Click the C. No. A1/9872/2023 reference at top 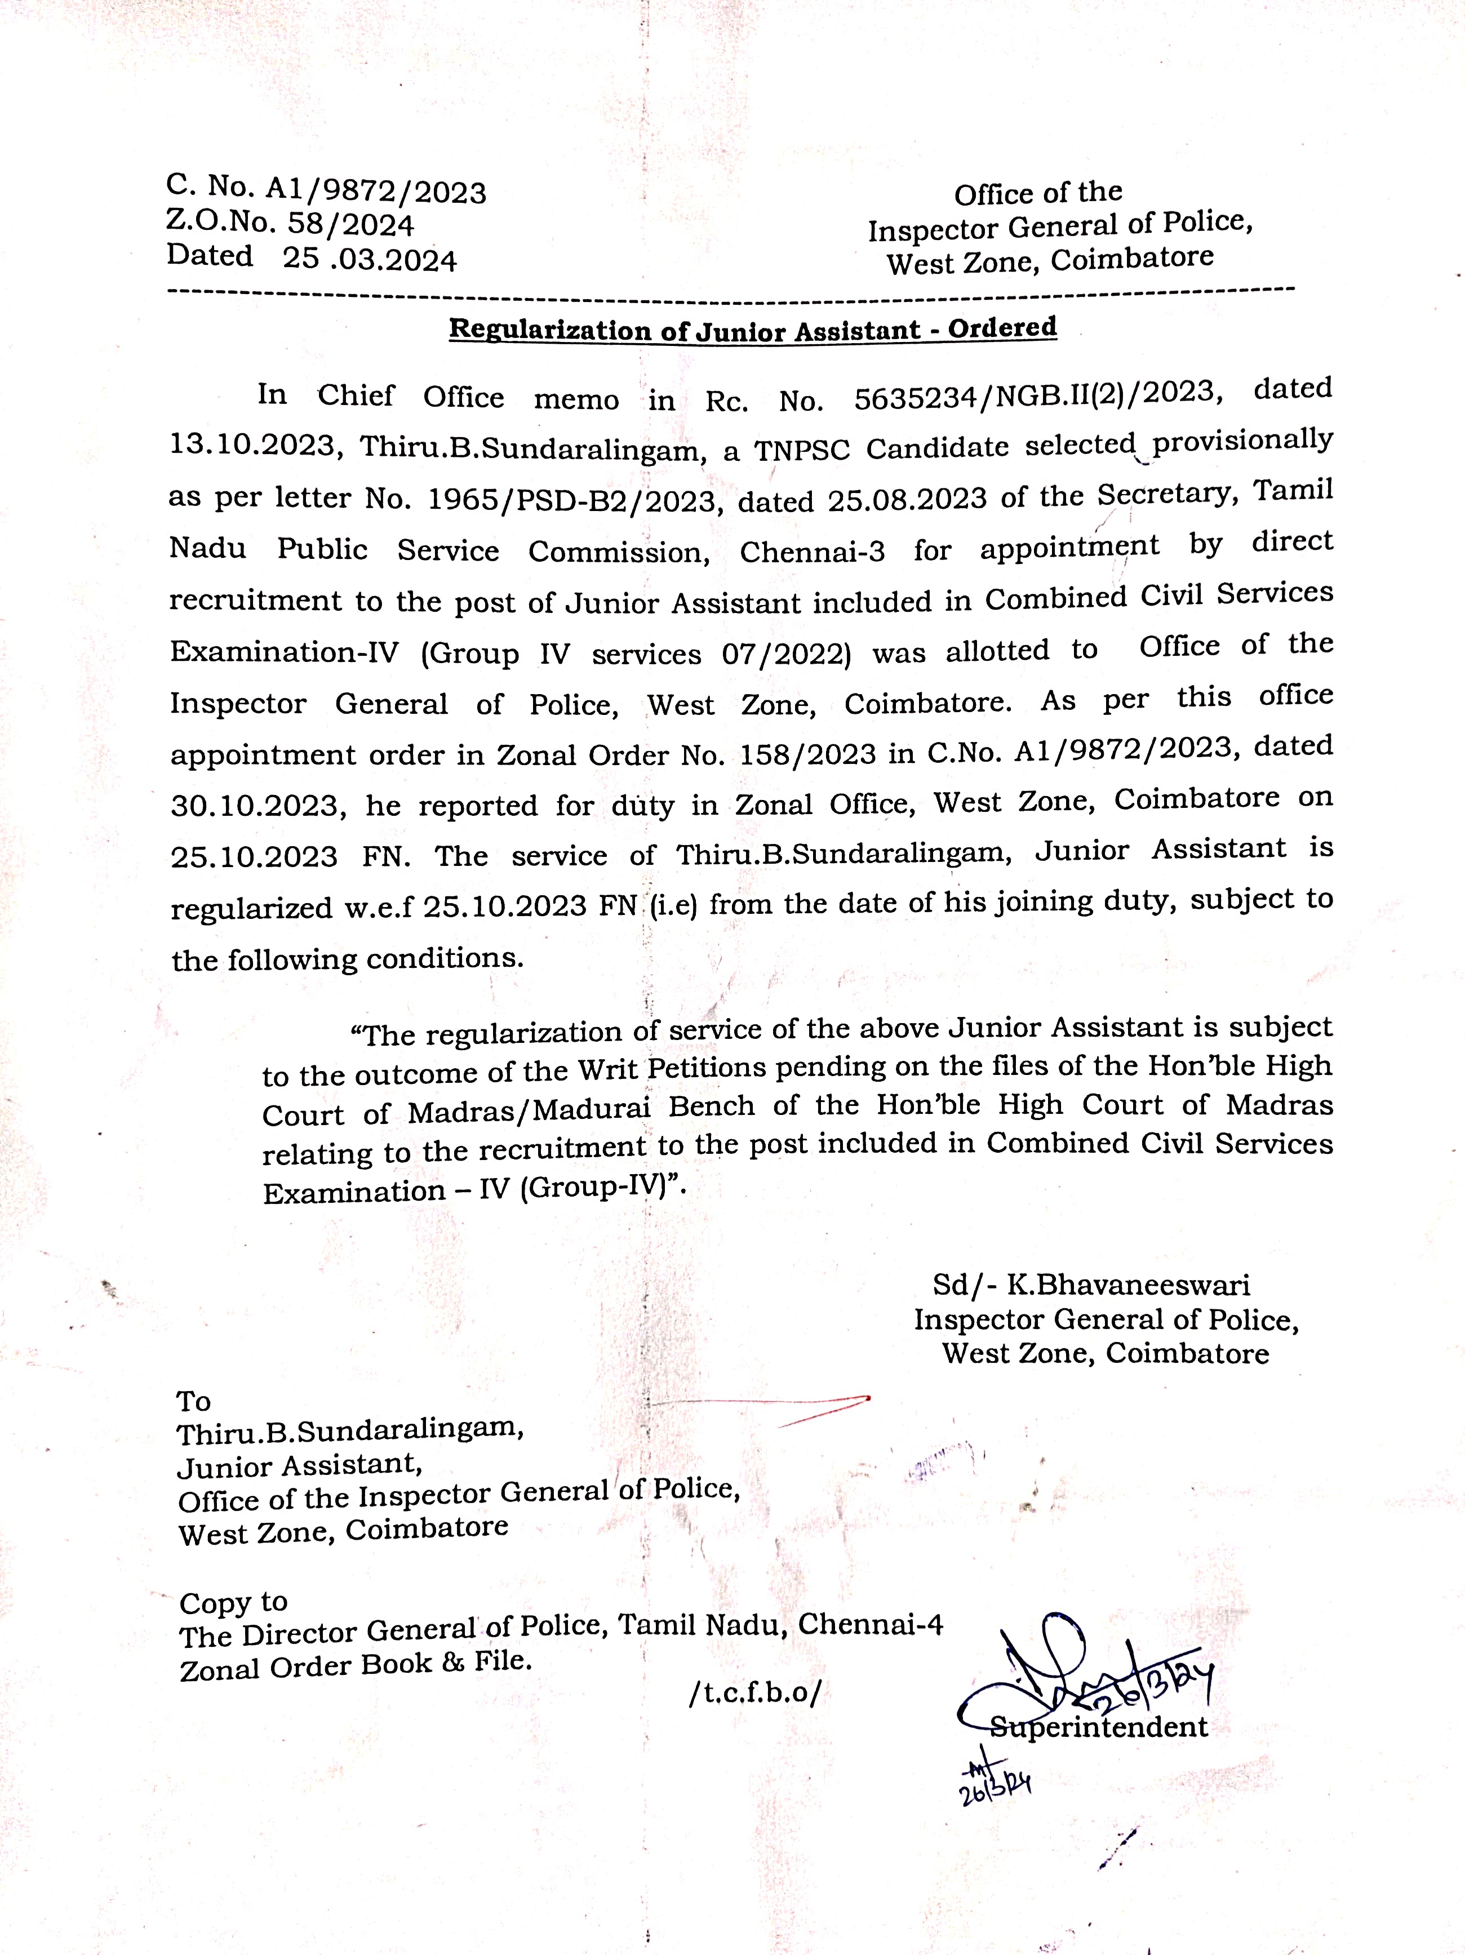point(325,189)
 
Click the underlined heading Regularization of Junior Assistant point(752,330)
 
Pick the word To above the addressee point(194,1401)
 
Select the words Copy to point(233,1602)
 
